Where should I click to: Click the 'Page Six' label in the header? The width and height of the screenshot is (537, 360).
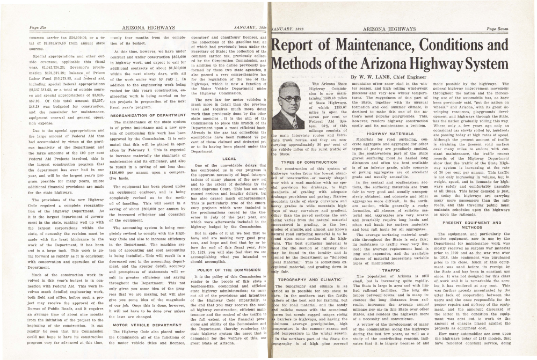coord(38,28)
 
